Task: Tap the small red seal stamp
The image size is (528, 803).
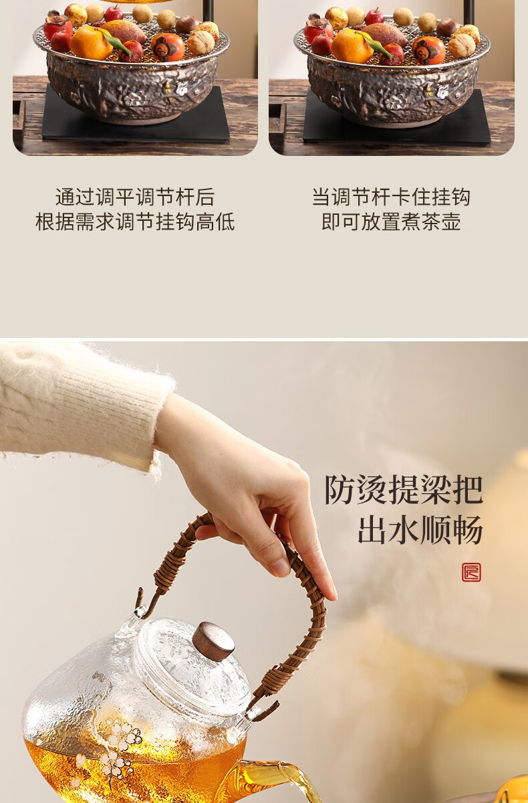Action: coord(471,572)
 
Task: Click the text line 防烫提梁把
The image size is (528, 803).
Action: coord(404,490)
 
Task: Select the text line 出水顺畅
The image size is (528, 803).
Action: coord(420,530)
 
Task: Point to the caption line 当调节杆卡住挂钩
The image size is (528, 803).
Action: coord(391,197)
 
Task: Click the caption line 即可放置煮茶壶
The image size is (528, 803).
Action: coord(391,221)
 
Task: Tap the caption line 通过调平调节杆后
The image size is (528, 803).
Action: coord(135,197)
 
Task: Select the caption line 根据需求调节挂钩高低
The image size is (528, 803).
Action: coord(135,221)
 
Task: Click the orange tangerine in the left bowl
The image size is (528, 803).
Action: coord(91,43)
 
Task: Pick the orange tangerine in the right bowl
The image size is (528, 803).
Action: coord(352,46)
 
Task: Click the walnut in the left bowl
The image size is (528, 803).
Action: coord(201,42)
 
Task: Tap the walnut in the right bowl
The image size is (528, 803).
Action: coord(462,46)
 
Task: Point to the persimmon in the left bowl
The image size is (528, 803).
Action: coord(168,48)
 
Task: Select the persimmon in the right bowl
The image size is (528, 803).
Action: coord(428,50)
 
